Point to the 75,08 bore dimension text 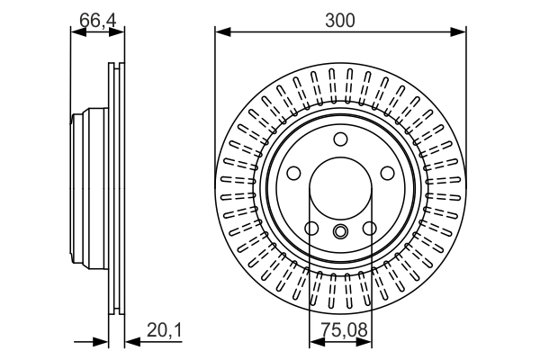click(x=339, y=331)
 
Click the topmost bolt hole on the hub click(x=340, y=139)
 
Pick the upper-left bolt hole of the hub click(x=293, y=174)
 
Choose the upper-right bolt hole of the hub click(x=387, y=174)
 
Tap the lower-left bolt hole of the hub click(x=311, y=228)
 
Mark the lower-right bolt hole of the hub click(x=369, y=228)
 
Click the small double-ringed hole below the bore click(x=340, y=232)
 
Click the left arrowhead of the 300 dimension click(x=220, y=33)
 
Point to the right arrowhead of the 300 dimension click(x=460, y=33)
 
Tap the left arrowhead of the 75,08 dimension click(x=315, y=342)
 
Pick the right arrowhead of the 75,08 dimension click(x=365, y=342)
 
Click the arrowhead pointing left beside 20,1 click(x=129, y=342)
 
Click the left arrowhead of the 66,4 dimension click(x=76, y=33)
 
